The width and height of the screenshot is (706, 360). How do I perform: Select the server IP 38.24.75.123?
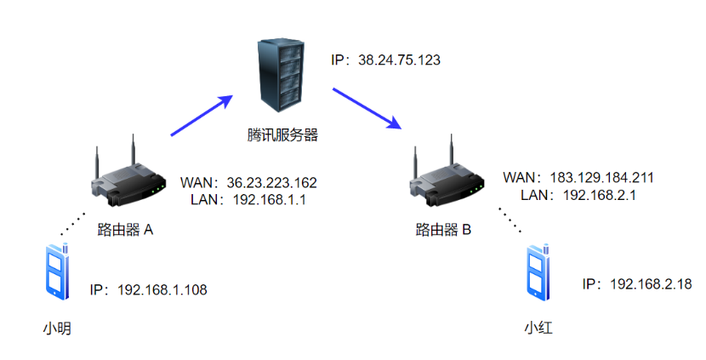coord(385,61)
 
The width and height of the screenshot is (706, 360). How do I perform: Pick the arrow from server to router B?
coord(366,106)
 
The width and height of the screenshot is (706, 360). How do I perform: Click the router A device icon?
coord(126,177)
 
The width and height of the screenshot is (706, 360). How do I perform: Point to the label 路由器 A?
coord(125,229)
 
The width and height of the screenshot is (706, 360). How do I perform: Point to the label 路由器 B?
coord(443,229)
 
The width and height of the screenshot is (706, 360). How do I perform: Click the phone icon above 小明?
coord(57,271)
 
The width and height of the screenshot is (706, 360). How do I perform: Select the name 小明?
coord(56,326)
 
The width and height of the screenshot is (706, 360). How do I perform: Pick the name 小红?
coord(538,327)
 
